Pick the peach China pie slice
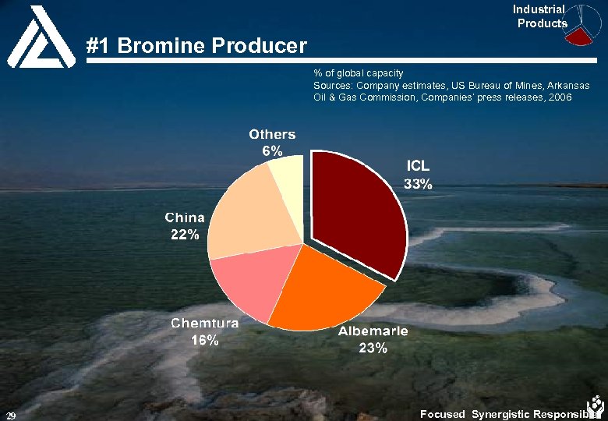(242, 214)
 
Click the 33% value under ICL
(417, 185)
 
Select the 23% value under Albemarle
(373, 348)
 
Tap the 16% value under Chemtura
(206, 340)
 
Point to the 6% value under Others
(272, 152)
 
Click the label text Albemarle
(373, 331)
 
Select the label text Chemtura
(205, 323)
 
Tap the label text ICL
(418, 167)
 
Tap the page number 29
(11, 414)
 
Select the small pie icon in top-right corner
(585, 23)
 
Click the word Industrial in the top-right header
(539, 9)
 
